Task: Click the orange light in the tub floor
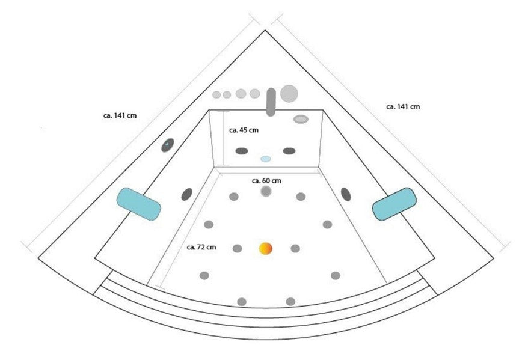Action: [266, 248]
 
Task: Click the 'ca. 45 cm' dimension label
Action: [244, 129]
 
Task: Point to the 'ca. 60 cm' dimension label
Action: [266, 180]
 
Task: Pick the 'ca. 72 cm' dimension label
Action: [201, 246]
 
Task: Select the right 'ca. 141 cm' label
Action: [403, 106]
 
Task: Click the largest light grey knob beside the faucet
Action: [290, 93]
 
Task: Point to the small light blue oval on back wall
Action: [266, 159]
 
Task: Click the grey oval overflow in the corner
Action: [301, 119]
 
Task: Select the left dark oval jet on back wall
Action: [242, 150]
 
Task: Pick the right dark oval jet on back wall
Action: [289, 150]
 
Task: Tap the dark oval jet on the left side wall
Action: [186, 194]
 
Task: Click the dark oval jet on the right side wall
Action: [346, 193]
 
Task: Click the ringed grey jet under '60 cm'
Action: [266, 191]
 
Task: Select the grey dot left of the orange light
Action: [237, 248]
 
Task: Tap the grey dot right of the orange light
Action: [295, 248]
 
